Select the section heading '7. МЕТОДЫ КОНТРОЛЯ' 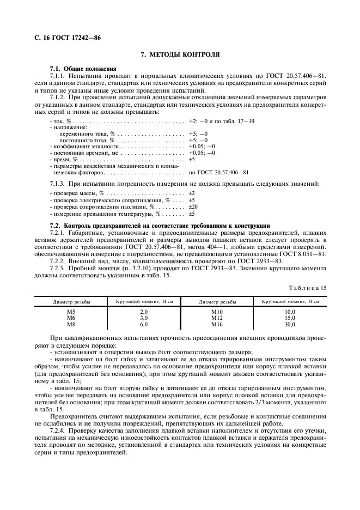pyautogui.click(x=180, y=55)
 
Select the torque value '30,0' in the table pyautogui.click(x=289, y=324)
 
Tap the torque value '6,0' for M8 pyautogui.click(x=144, y=324)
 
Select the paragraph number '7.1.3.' pyautogui.click(x=58, y=184)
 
